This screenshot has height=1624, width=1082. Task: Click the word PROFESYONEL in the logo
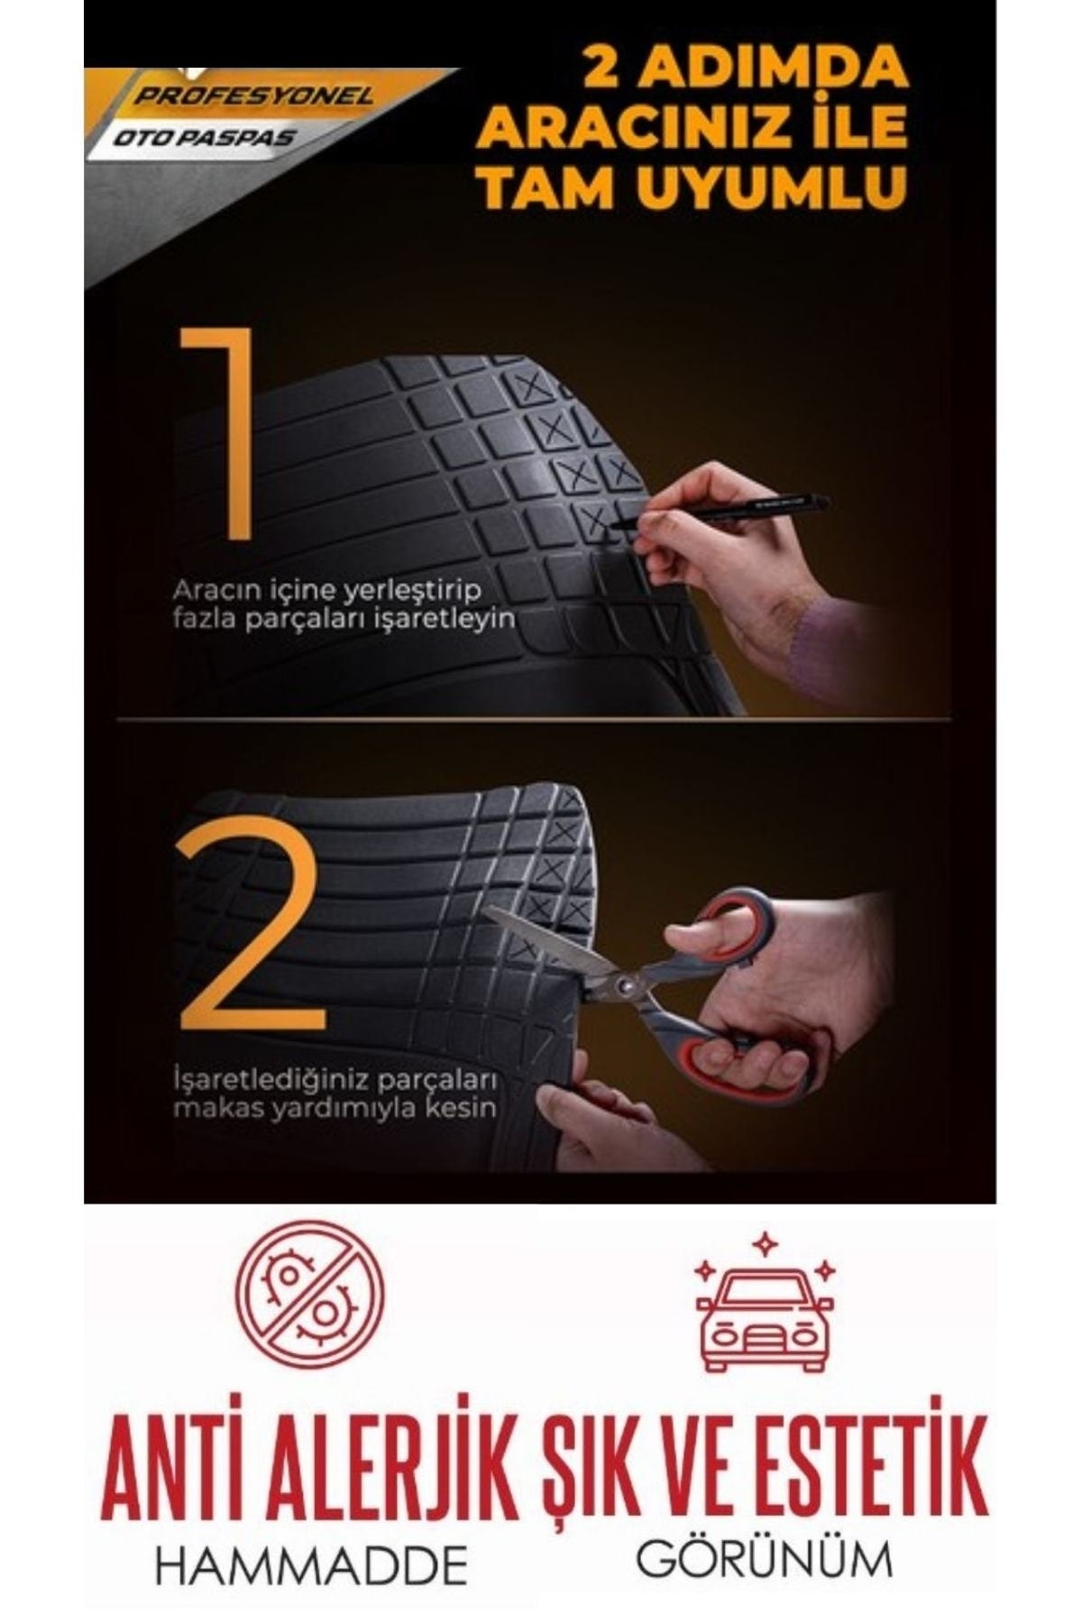tap(253, 97)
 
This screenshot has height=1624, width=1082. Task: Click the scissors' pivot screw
tap(624, 984)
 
